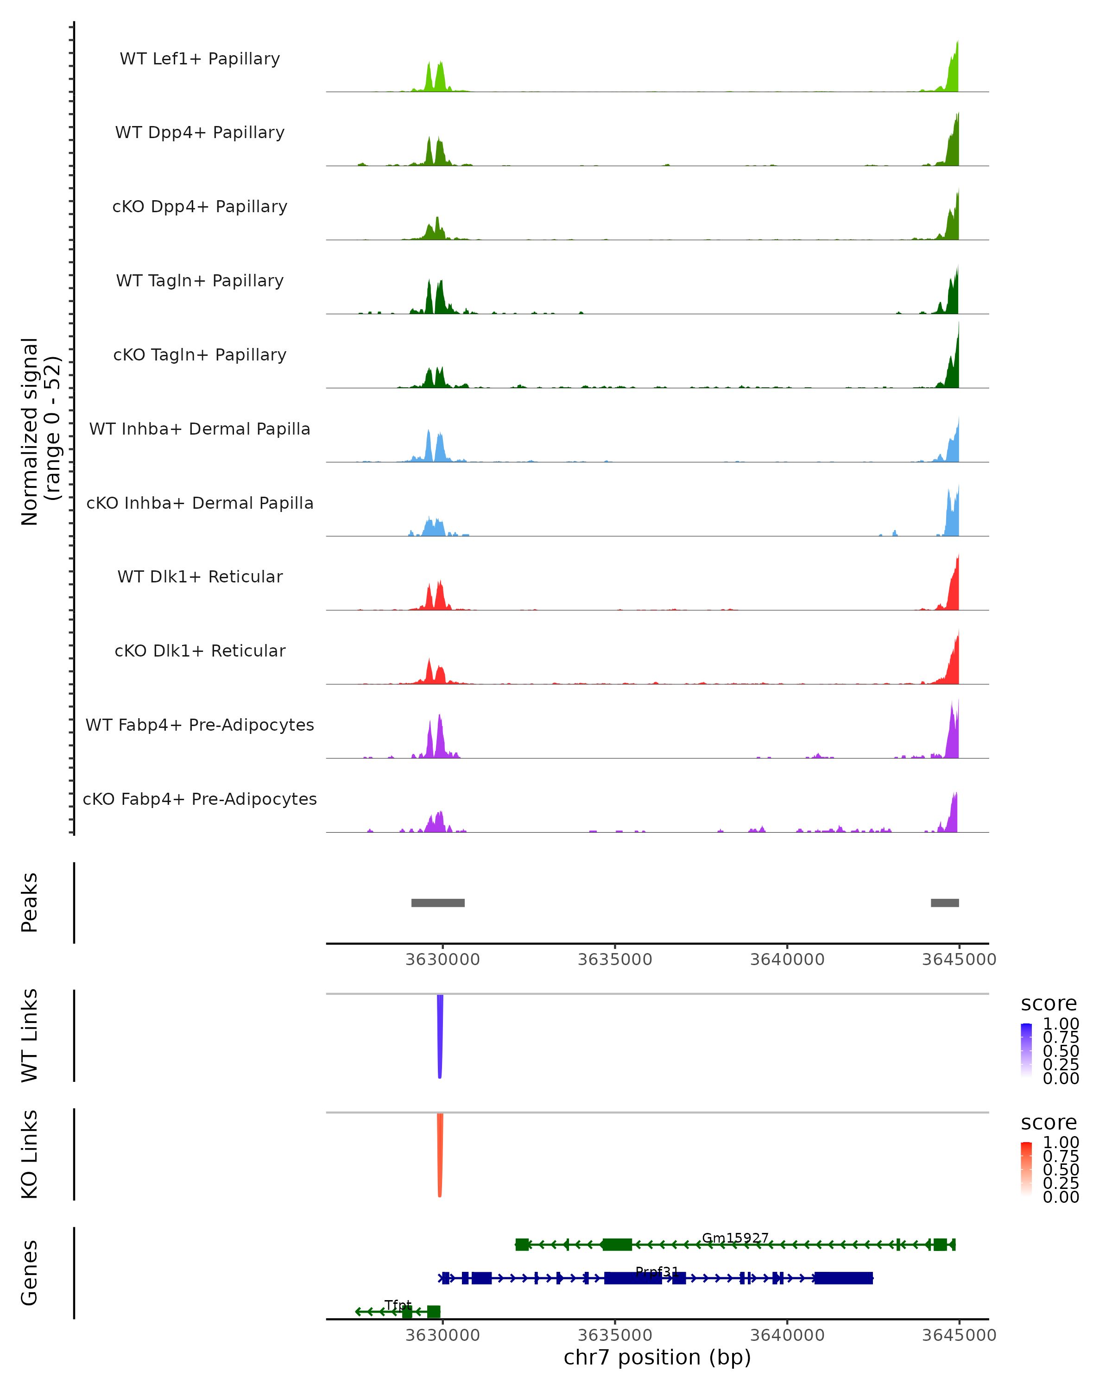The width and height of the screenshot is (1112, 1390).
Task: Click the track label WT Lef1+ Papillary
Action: pos(200,59)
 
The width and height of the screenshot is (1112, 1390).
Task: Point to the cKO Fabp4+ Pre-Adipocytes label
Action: pos(200,799)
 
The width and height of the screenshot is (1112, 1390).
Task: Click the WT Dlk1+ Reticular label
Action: pos(200,576)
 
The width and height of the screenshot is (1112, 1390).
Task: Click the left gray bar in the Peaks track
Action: pos(438,903)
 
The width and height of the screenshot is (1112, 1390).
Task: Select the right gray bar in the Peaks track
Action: pos(944,903)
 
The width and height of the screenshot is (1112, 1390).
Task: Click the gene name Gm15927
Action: pos(735,1238)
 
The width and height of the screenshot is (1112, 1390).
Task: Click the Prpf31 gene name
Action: pos(657,1271)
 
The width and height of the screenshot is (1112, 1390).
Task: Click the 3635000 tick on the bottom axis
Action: pos(615,1335)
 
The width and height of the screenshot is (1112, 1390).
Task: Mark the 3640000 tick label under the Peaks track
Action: pos(787,960)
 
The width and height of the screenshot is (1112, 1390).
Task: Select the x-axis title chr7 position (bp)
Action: pos(657,1358)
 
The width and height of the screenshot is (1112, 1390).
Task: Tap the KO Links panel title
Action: pos(30,1154)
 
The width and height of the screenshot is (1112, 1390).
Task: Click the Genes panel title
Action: pos(30,1273)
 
